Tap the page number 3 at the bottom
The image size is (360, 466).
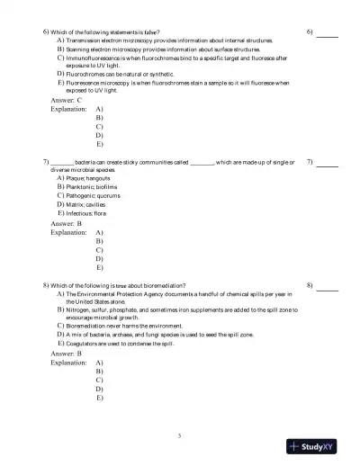click(179, 436)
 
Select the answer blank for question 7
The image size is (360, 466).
click(327, 166)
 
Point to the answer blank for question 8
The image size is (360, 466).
click(327, 288)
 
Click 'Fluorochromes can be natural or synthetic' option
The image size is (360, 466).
click(116, 74)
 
